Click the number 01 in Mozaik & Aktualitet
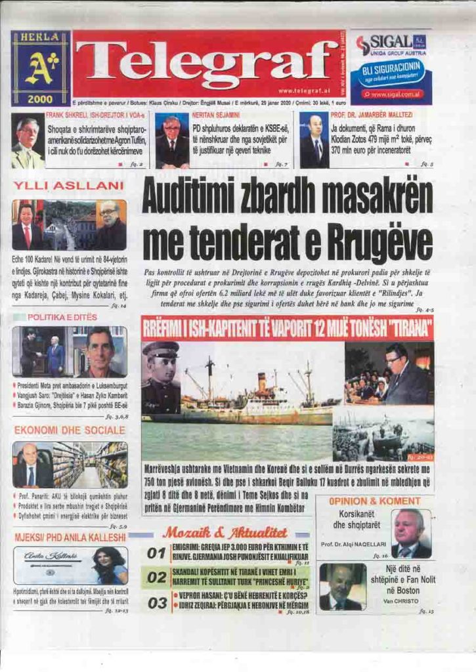click(x=156, y=553)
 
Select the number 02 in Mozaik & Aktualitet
click(x=156, y=577)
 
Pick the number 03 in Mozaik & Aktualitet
click(x=156, y=602)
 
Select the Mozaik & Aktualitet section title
click(x=225, y=532)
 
